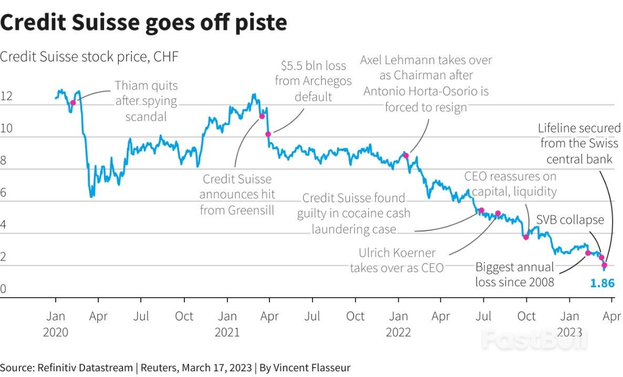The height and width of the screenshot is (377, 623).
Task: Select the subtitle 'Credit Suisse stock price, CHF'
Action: (89, 57)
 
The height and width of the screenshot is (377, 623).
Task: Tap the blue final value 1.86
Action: (602, 284)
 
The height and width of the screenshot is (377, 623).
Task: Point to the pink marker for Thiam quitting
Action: (73, 103)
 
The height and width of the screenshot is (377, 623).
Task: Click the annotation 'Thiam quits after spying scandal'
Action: (146, 101)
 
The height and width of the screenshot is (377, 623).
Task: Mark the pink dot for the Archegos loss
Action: (268, 134)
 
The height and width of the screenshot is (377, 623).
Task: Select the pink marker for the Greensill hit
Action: (262, 116)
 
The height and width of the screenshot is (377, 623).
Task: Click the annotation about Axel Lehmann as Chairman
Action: (426, 83)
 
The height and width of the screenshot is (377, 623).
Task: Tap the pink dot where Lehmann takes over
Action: (406, 155)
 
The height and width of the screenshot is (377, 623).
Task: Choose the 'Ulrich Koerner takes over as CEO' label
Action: (397, 260)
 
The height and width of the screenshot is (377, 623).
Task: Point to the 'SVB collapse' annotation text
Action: (570, 220)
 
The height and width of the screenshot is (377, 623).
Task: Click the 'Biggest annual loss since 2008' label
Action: (515, 275)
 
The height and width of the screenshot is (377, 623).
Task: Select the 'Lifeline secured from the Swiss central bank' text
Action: (579, 143)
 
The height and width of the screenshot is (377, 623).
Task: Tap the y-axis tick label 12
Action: (6, 97)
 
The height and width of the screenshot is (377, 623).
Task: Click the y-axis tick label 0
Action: (3, 289)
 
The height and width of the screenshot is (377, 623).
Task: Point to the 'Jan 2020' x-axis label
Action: (56, 324)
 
